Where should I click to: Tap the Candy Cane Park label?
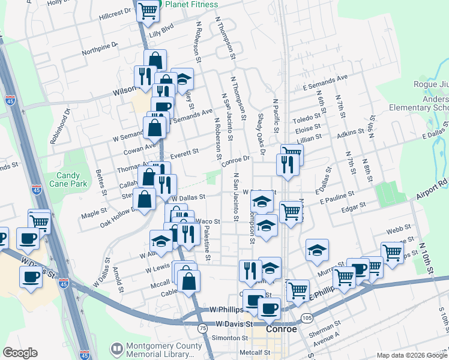pos(72,180)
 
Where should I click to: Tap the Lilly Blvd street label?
pos(161,27)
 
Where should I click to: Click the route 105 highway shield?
pos(307,317)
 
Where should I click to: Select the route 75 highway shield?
pos(203,328)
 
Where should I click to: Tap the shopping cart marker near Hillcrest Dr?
pos(148,10)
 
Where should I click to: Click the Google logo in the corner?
pos(20,353)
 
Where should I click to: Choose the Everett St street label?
pos(185,154)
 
